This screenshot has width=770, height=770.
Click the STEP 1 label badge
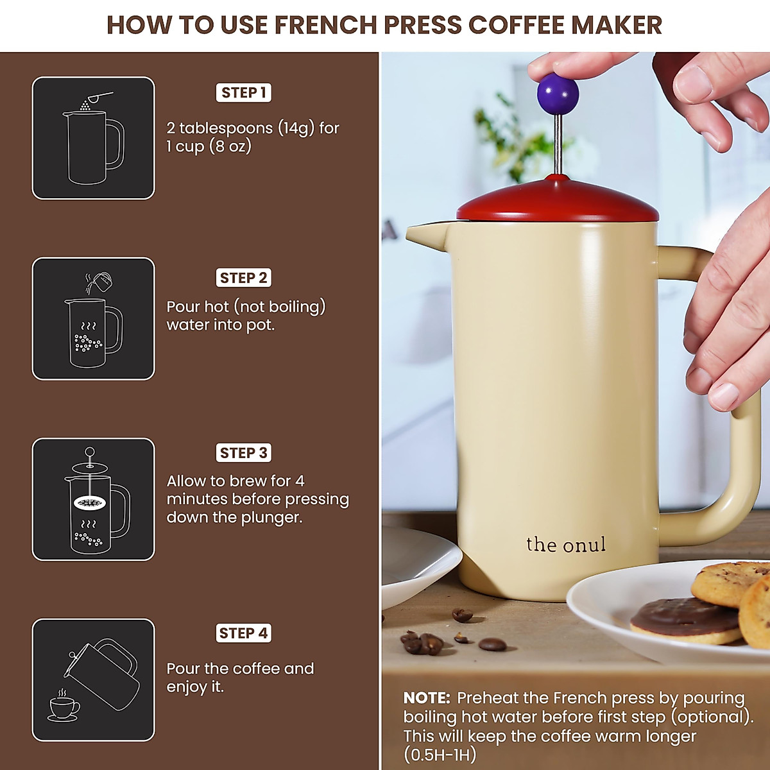pos(244,93)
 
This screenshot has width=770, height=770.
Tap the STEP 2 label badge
pos(244,278)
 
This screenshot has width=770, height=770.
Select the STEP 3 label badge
pos(244,453)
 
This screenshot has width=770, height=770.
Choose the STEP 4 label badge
pos(244,633)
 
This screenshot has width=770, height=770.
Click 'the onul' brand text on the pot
pos(565,545)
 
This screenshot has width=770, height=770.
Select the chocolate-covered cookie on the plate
pos(684,619)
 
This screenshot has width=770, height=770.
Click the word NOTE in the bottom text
pos(427,698)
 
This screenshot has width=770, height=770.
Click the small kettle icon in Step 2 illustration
pos(99,281)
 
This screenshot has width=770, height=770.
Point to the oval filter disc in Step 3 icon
pos(89,503)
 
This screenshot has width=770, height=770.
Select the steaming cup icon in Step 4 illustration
pos(64,706)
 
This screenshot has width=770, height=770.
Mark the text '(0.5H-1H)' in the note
pos(440,755)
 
